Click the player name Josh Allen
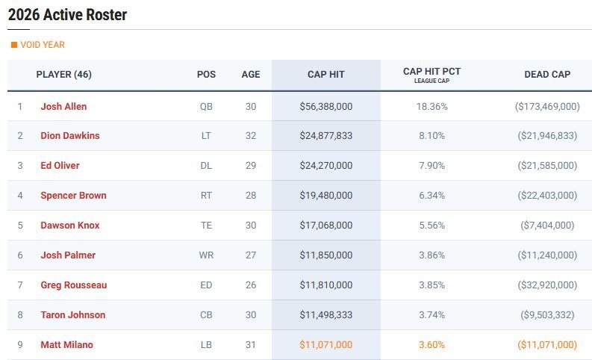coord(63,107)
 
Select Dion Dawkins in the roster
coord(69,136)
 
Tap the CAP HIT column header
coord(325,75)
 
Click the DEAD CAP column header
coord(547,75)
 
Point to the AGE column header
coord(251,75)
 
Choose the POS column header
coord(206,75)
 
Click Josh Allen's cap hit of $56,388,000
coord(325,107)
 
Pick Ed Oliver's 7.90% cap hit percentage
coord(431,166)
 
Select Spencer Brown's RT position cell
coord(206,196)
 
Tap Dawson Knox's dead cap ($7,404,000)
coord(546,226)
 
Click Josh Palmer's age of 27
coord(251,255)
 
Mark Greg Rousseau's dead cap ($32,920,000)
coord(546,285)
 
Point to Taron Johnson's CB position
coord(206,315)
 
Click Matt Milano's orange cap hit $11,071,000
coord(325,345)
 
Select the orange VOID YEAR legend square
coord(13,45)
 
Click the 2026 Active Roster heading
coord(67,15)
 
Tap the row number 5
coord(20,226)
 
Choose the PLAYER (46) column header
coord(63,75)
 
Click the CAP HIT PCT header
coord(431,72)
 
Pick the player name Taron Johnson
coord(72,315)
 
